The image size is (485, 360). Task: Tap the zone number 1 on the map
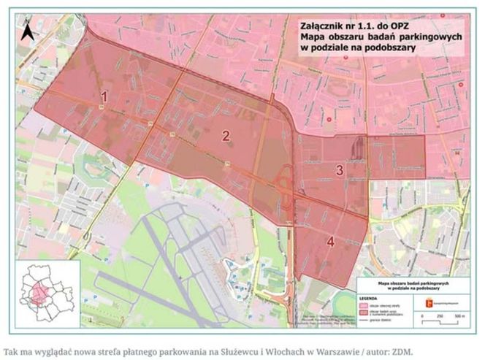point(104,96)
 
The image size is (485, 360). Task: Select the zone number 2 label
point(226,135)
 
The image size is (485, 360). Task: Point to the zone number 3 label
point(340,170)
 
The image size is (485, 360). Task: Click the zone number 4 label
point(331,242)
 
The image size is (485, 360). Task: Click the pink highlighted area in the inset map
point(38,295)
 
